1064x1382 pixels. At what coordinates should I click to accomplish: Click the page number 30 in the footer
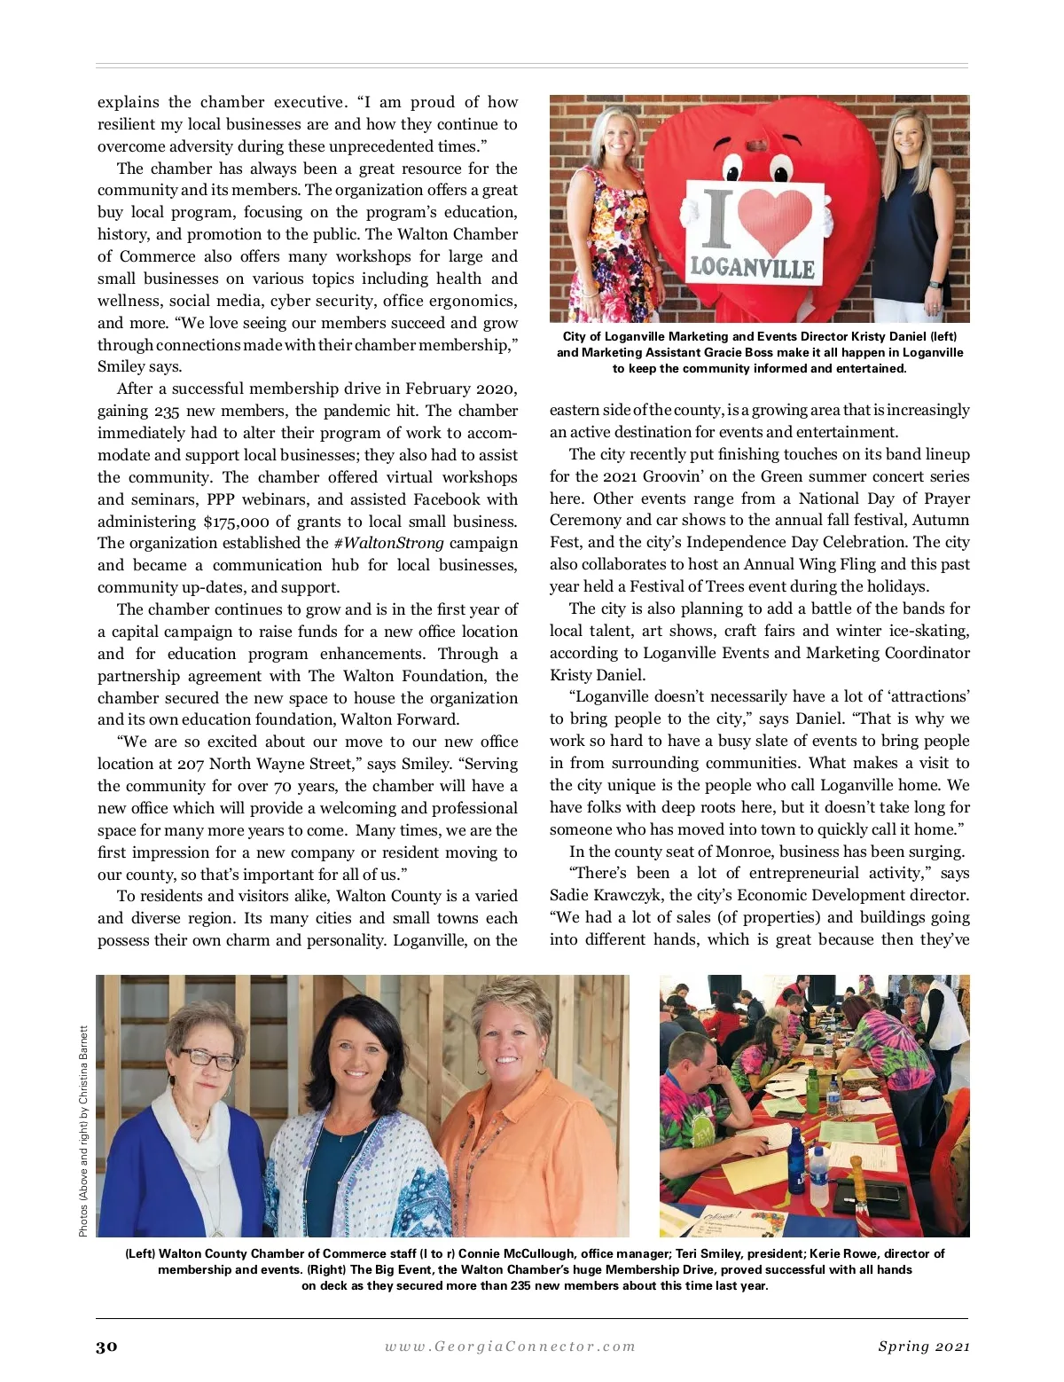click(x=106, y=1347)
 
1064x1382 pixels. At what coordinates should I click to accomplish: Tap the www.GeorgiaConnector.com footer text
click(x=510, y=1347)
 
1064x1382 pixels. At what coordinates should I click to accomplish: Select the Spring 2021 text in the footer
click(x=923, y=1347)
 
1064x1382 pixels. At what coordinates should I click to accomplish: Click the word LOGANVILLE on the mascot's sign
click(x=753, y=266)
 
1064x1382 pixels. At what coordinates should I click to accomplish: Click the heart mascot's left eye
click(x=735, y=169)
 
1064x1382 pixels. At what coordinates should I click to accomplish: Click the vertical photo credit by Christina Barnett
click(x=83, y=1131)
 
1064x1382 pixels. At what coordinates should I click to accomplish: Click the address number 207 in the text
click(x=192, y=764)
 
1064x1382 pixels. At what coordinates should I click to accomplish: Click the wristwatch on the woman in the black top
click(x=936, y=286)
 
